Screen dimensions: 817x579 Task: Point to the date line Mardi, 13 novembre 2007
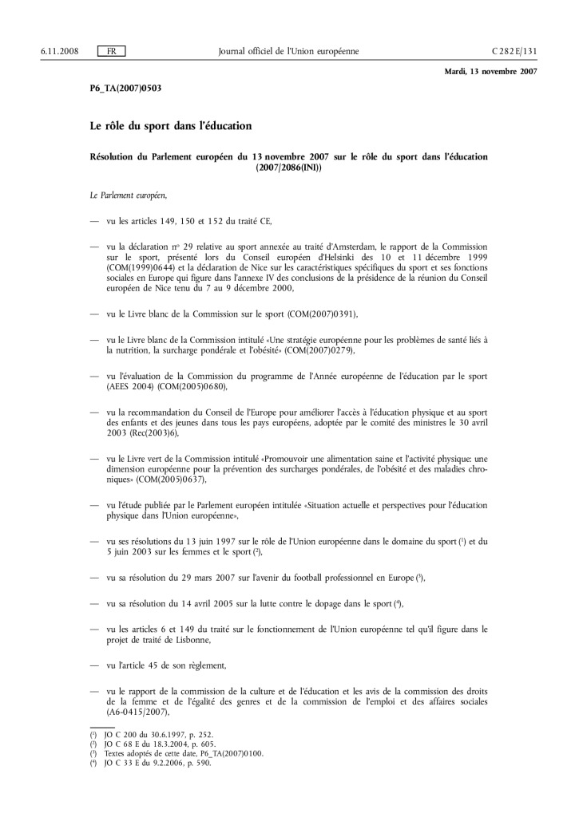tap(490, 71)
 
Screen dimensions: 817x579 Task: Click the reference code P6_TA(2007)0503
tap(125, 88)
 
